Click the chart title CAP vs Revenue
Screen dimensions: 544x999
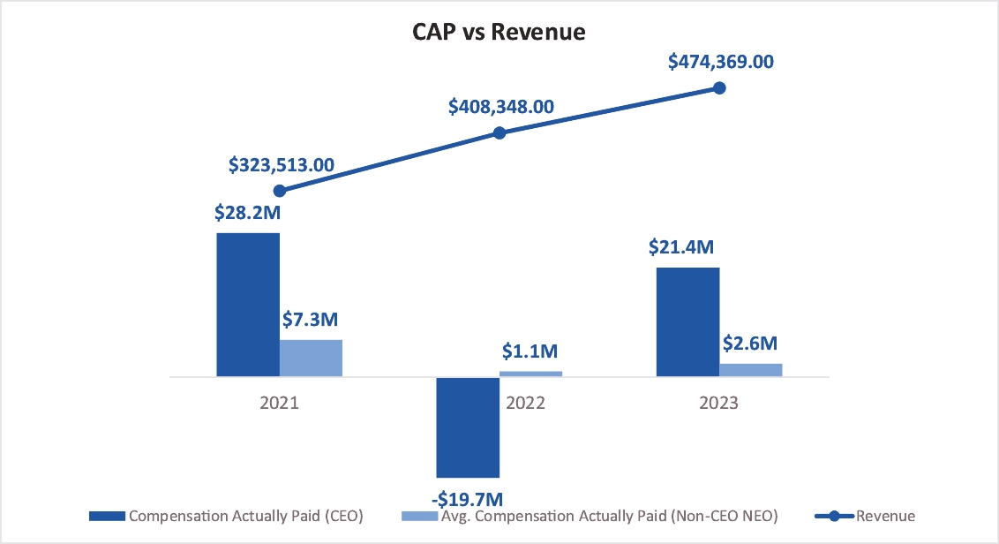click(x=499, y=33)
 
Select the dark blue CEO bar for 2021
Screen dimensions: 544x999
click(x=248, y=305)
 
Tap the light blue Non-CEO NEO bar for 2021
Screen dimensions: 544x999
click(x=311, y=358)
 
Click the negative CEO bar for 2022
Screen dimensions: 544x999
click(x=468, y=427)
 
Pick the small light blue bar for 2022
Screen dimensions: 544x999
click(x=530, y=374)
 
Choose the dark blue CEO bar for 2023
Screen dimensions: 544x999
click(x=688, y=322)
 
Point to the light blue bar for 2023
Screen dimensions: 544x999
click(x=751, y=370)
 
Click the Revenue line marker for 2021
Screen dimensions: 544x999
click(x=280, y=191)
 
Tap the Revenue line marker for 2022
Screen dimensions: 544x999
click(x=500, y=133)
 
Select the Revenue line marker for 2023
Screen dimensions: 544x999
click(x=719, y=87)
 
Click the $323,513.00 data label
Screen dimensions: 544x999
click(x=282, y=164)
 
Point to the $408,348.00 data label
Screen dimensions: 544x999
click(x=500, y=107)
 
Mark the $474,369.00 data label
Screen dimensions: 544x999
click(x=720, y=62)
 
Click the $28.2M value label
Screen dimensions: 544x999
click(x=246, y=214)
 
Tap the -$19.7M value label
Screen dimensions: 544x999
click(x=469, y=500)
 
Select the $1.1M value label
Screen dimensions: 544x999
click(x=530, y=351)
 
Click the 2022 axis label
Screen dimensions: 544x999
click(x=526, y=403)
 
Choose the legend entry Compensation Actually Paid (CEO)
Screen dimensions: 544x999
click(x=226, y=516)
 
